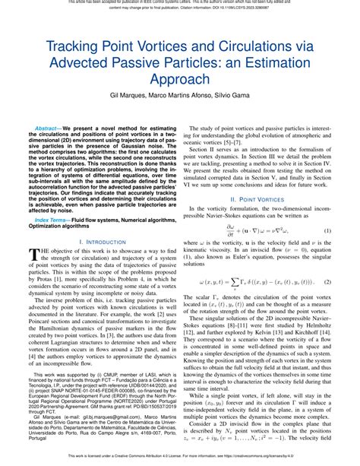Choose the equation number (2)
click(x=327, y=283)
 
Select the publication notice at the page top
click(x=180, y=5)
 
